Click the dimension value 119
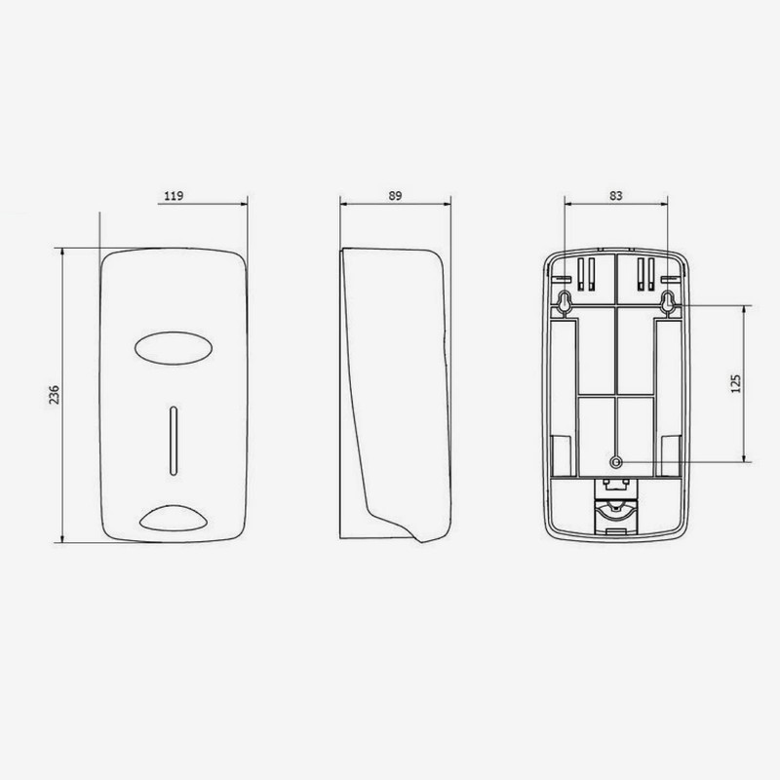(174, 196)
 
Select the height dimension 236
(57, 394)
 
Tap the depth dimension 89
(395, 196)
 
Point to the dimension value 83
(616, 196)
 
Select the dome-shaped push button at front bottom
(172, 517)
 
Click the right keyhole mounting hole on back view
(669, 303)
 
